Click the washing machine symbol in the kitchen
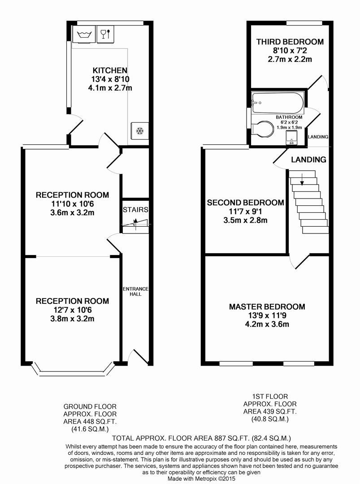(x=82, y=34)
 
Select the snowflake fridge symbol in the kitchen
(x=139, y=131)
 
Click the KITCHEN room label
(x=110, y=70)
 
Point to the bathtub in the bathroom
(x=278, y=104)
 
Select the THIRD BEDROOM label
(x=290, y=42)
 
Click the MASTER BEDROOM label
(x=267, y=307)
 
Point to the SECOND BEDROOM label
(x=245, y=203)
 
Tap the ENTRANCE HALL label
(x=135, y=291)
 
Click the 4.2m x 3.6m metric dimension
(x=267, y=324)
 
